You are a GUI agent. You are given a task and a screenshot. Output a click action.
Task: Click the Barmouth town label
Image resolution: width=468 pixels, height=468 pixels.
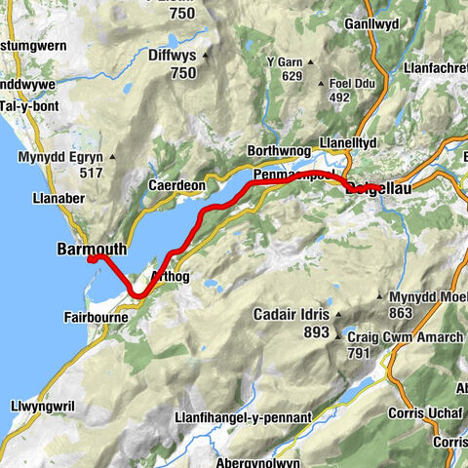pos(92,249)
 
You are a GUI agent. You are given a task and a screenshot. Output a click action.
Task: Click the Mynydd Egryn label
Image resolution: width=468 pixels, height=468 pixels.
pos(61,157)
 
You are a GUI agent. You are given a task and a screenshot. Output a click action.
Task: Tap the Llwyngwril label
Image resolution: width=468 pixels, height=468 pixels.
pos(43,403)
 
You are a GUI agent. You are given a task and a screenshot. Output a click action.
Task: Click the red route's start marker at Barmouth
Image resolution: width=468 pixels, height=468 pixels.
pos(90,259)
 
